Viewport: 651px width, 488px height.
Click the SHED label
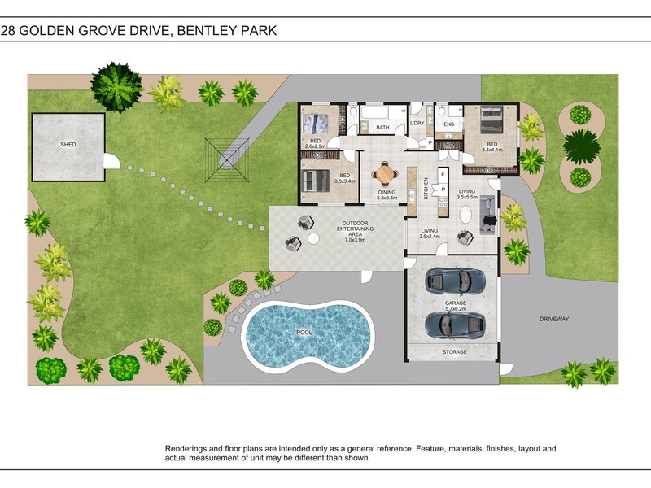[x=68, y=144]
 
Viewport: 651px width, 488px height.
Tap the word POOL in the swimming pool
[x=304, y=333]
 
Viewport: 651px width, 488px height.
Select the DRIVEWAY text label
[x=554, y=319]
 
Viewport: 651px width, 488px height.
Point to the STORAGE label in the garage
[x=455, y=351]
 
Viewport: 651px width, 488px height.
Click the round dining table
[x=384, y=174]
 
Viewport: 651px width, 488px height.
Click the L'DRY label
[x=417, y=123]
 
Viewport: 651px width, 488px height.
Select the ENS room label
[x=448, y=124]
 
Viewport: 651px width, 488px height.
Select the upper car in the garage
[x=456, y=281]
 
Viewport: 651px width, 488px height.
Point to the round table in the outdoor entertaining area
[x=313, y=239]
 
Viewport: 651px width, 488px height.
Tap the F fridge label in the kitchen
[x=441, y=173]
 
